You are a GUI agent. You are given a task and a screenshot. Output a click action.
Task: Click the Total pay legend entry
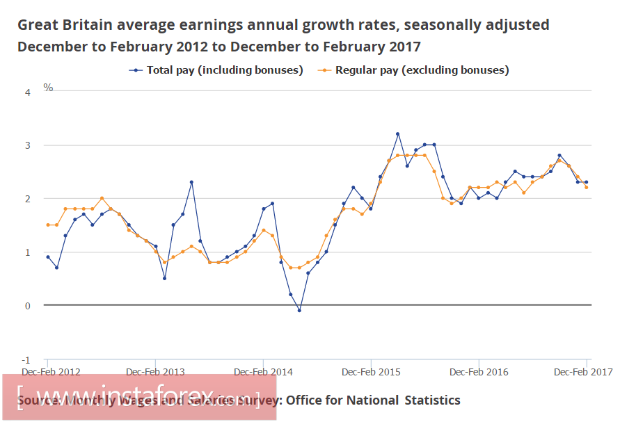(x=216, y=70)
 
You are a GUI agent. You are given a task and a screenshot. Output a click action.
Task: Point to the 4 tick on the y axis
(x=28, y=92)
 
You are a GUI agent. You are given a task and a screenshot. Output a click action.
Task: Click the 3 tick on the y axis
(x=28, y=145)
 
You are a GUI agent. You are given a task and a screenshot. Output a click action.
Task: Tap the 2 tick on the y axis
(x=28, y=199)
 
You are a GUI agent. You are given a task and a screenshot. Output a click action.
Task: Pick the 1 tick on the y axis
(x=28, y=252)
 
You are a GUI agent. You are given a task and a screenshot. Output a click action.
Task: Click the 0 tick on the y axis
(x=28, y=306)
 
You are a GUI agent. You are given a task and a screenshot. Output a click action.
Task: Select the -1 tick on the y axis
(x=26, y=359)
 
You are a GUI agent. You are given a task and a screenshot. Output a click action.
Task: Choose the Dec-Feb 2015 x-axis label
(x=372, y=372)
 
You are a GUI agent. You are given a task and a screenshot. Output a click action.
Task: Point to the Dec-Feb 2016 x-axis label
(x=479, y=372)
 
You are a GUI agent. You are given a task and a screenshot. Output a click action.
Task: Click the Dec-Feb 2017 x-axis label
(x=583, y=372)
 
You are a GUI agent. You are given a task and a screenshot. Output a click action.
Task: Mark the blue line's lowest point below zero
(x=299, y=310)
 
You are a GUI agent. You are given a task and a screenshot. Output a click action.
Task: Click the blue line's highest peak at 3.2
(x=397, y=134)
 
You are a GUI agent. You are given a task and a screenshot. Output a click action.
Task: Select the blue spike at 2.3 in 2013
(x=191, y=182)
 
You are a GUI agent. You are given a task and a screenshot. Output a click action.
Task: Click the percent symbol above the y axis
(x=48, y=88)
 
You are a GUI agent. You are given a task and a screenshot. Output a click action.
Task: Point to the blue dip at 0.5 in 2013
(x=164, y=278)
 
